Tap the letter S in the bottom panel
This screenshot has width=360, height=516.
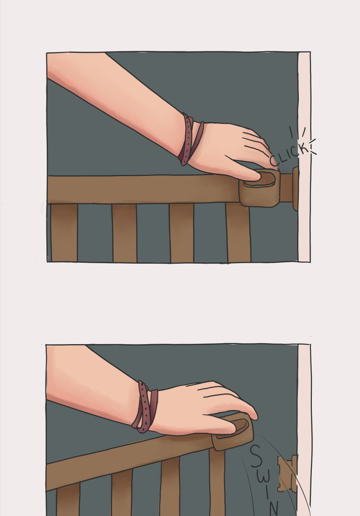(x=256, y=457)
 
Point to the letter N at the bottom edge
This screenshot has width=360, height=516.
(x=274, y=508)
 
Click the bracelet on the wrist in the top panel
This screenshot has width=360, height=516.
(x=191, y=139)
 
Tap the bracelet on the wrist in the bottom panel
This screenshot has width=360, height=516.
(x=145, y=407)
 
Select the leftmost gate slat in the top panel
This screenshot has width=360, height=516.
(x=64, y=233)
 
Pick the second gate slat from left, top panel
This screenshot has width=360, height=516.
(x=124, y=233)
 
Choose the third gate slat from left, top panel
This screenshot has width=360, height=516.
(x=182, y=233)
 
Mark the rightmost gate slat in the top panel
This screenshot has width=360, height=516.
(x=238, y=233)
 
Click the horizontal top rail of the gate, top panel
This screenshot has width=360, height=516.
(x=145, y=189)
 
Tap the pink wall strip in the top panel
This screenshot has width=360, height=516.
(x=304, y=157)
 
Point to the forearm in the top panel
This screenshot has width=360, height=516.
(x=115, y=99)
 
